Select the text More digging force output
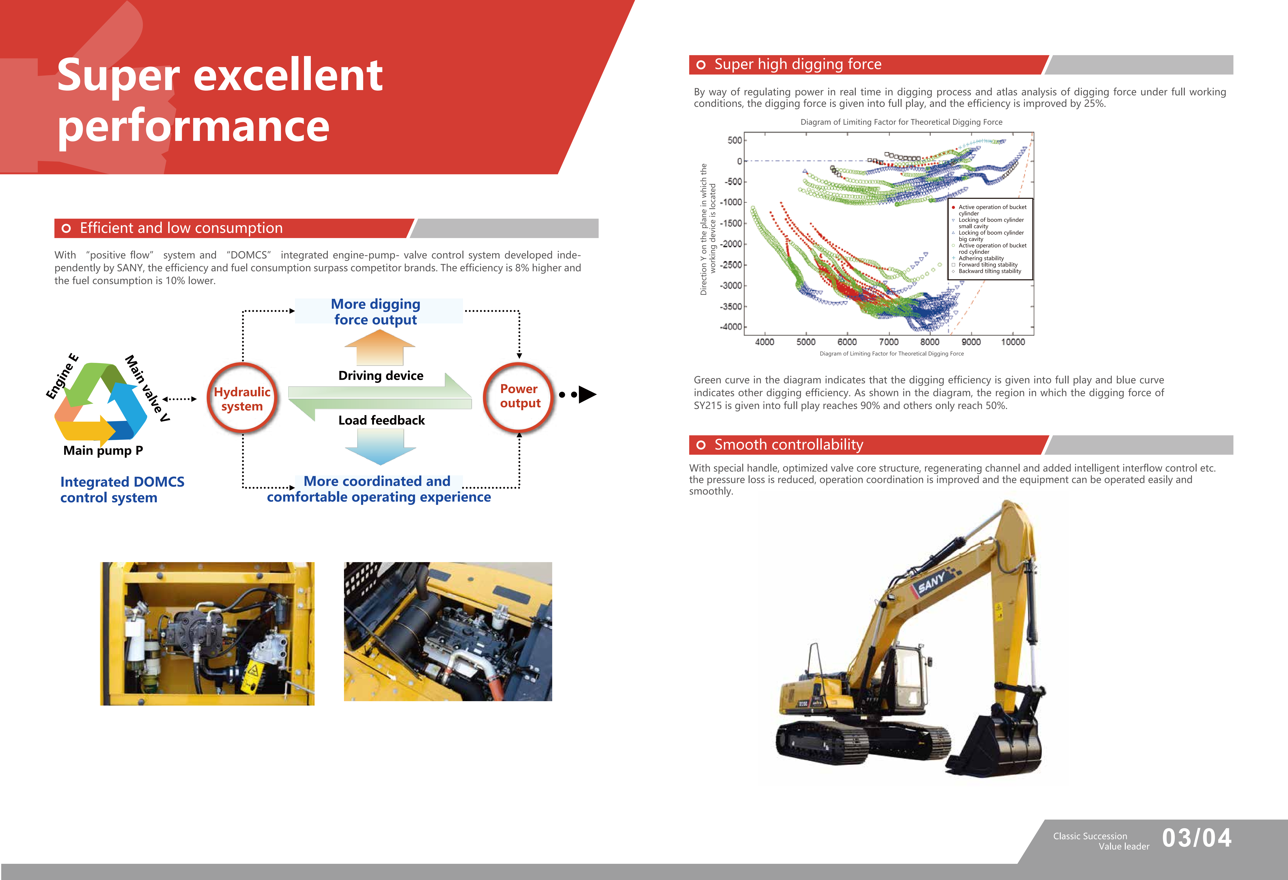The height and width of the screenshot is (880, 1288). coord(376,312)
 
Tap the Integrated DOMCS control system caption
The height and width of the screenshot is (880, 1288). coord(122,490)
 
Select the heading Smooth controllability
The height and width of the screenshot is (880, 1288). coord(789,445)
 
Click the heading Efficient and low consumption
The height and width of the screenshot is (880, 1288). coord(181,228)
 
